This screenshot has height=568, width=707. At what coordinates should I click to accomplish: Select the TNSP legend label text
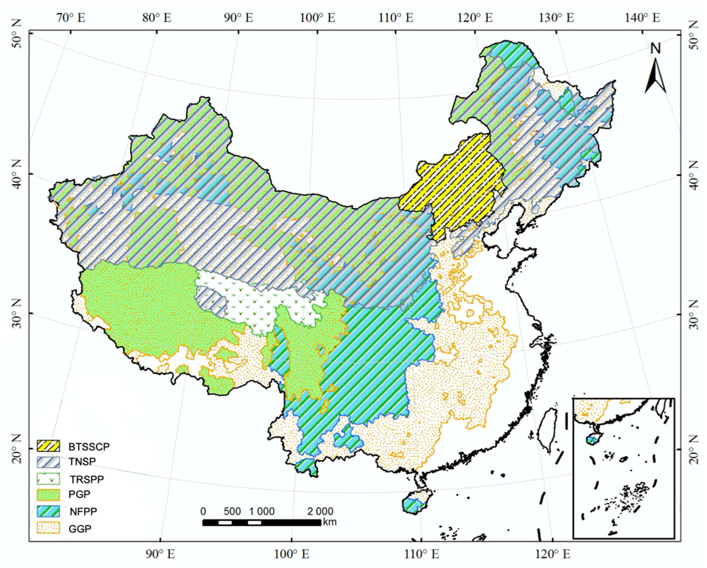point(82,461)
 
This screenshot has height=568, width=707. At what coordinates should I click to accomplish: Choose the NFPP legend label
point(83,512)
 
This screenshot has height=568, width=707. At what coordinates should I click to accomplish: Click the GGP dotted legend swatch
point(48,528)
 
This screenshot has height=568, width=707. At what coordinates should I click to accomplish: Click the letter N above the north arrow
point(656,49)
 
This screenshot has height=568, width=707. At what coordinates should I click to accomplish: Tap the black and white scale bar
point(262,522)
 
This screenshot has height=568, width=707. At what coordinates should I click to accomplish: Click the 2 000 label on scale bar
point(320,511)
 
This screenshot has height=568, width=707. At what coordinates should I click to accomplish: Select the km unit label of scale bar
point(330,522)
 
